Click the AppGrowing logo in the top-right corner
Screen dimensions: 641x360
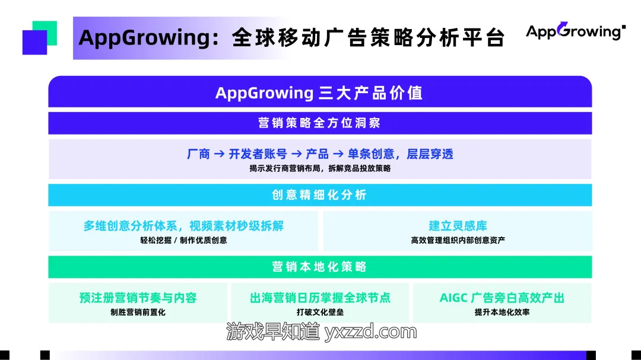point(576,31)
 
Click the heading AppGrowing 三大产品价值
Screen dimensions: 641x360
point(319,93)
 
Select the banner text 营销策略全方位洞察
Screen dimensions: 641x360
point(319,123)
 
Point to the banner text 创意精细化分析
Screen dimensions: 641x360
point(319,195)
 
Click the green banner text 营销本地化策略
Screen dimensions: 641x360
point(319,267)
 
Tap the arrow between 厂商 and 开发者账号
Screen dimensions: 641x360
point(219,154)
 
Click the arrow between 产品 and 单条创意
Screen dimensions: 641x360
point(338,154)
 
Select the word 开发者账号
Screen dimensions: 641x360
point(258,154)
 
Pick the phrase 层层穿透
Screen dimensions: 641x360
point(430,154)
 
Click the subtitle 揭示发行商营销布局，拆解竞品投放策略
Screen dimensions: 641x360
point(320,168)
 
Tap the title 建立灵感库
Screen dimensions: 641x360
point(458,225)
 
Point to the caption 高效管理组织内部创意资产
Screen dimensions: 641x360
point(458,240)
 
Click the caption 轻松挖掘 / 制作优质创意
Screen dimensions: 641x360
point(183,240)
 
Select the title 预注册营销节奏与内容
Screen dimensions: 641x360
point(138,298)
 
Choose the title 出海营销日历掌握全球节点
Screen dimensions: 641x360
point(320,298)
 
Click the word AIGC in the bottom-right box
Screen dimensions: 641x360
point(453,298)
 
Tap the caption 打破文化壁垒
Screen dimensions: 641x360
point(320,312)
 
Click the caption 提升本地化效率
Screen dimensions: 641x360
point(502,312)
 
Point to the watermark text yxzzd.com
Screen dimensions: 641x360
point(370,332)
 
